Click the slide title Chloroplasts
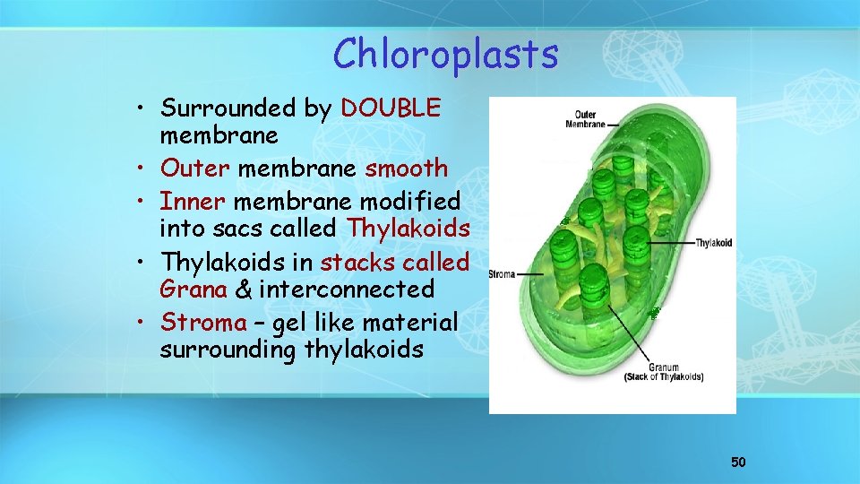tap(445, 55)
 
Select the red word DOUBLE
tap(391, 108)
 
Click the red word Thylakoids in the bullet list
tap(408, 229)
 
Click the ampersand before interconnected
tap(243, 290)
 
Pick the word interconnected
tap(347, 290)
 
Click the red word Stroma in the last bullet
tap(203, 322)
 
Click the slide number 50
tap(738, 462)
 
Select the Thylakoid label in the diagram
tap(713, 244)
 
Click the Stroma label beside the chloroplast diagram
tap(502, 274)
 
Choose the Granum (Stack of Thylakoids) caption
tap(663, 372)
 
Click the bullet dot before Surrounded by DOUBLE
tap(143, 109)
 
